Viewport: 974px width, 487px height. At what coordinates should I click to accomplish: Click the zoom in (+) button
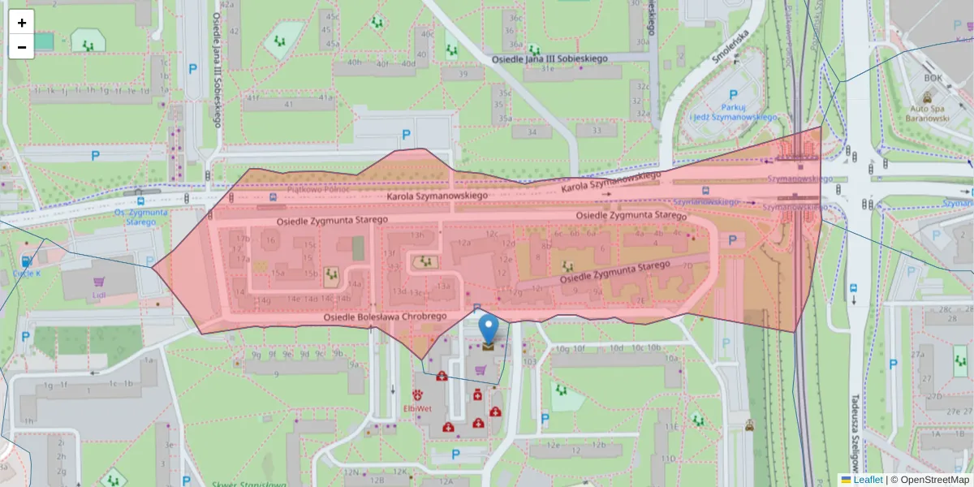[22, 23]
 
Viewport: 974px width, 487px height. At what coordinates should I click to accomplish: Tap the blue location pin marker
[489, 329]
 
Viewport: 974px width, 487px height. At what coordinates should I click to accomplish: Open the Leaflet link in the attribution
[868, 480]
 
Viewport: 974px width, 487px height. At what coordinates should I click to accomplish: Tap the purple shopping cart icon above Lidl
[100, 282]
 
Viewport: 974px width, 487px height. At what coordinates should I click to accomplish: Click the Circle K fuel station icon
[26, 261]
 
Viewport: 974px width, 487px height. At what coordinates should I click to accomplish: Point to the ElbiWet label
[417, 407]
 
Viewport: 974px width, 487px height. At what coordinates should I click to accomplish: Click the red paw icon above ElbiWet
[417, 394]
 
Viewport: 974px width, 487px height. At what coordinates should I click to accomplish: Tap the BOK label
[932, 79]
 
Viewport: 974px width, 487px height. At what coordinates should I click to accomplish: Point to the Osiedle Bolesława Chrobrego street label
[386, 317]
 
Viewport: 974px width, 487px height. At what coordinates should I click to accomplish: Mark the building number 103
[530, 361]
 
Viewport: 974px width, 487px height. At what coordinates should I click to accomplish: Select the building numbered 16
[270, 240]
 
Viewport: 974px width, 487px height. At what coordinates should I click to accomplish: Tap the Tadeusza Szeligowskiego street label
[855, 438]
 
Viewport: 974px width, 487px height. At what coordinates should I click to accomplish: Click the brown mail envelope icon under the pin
[488, 347]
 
